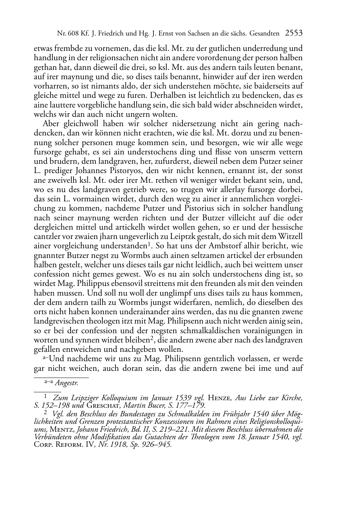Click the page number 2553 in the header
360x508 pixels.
click(294, 34)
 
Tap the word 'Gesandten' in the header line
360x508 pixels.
click(265, 34)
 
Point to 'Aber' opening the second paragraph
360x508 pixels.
click(51, 124)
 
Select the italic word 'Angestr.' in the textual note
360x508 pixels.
click(67, 383)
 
